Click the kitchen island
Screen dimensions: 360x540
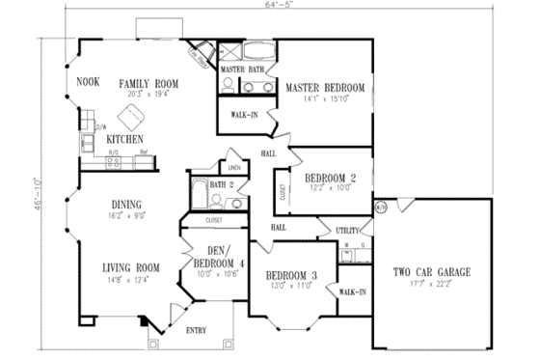pos(129,120)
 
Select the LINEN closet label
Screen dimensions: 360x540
pos(233,167)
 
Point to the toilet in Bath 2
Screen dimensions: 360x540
pos(219,203)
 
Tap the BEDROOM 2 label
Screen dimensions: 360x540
pos(332,178)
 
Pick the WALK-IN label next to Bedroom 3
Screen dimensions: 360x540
pos(352,291)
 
